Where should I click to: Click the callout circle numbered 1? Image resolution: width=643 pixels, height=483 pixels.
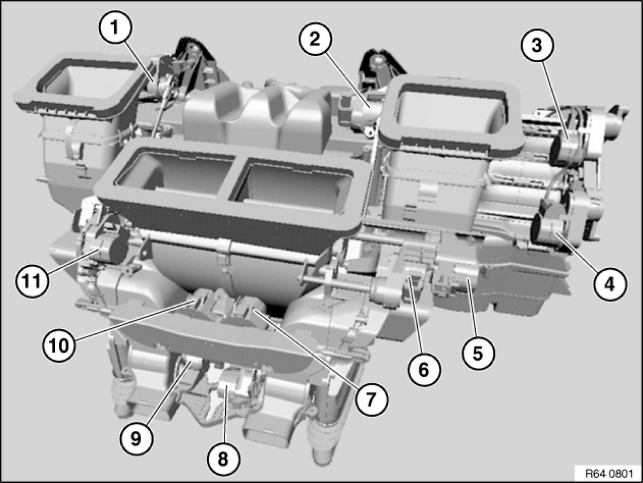(115, 28)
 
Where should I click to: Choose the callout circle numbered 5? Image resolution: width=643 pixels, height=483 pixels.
(478, 353)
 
